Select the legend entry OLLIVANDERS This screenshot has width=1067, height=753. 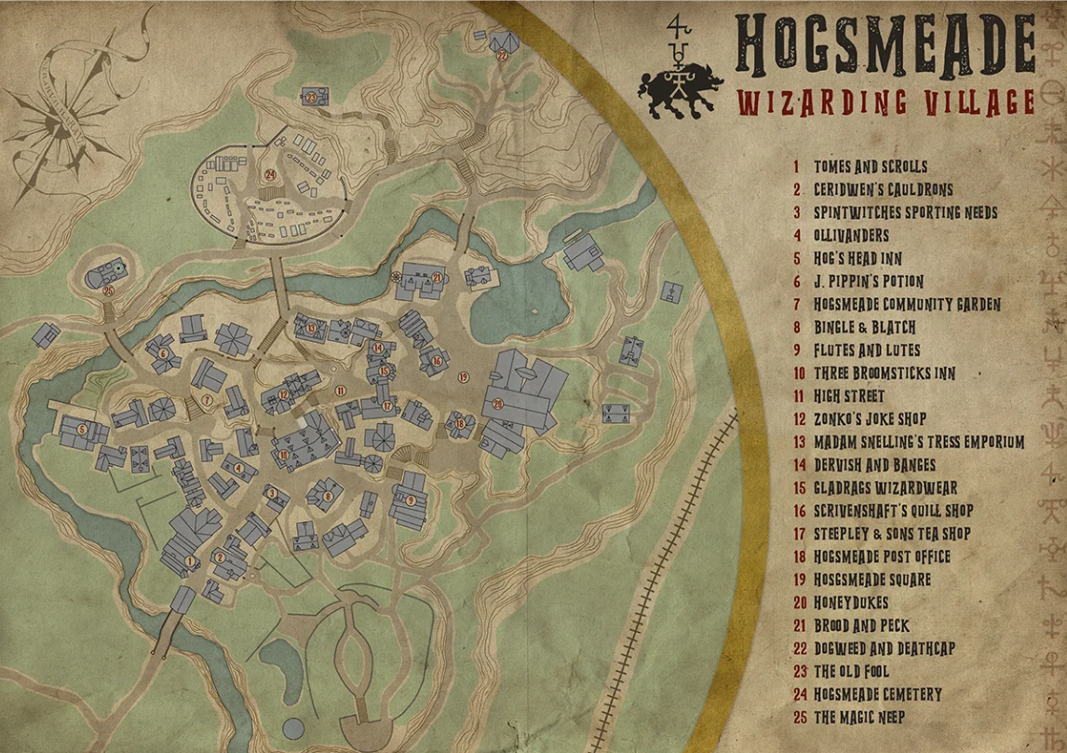pos(851,236)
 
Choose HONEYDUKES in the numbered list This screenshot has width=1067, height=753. pos(851,603)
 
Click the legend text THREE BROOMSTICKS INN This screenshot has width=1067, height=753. pos(885,374)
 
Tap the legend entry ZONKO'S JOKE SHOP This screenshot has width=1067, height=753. pos(870,419)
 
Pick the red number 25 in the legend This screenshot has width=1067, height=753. pos(797,718)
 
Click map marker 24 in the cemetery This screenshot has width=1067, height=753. pos(270,174)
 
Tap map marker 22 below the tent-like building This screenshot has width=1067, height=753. pos(502,56)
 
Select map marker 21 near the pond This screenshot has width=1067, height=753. pos(436,277)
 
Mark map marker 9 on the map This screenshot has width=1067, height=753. pos(411,500)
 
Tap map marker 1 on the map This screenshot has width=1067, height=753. pos(190,561)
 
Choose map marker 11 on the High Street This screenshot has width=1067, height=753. pos(341,390)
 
